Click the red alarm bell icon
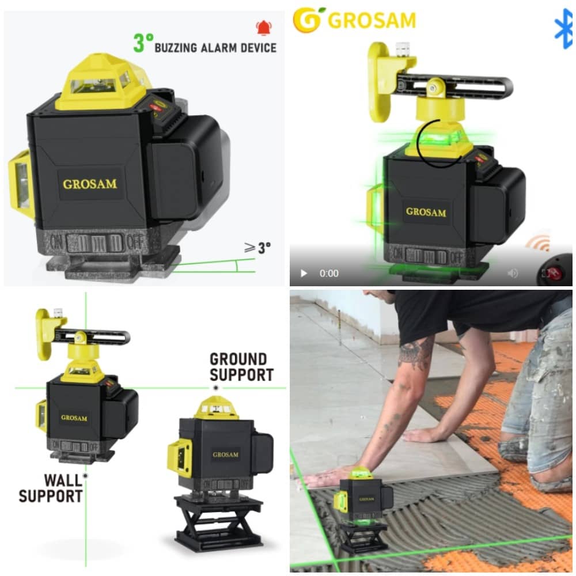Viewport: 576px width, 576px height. point(263,28)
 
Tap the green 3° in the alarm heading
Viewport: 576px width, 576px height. point(143,43)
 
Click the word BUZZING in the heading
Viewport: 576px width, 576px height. point(176,48)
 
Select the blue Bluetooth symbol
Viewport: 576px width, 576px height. point(563,29)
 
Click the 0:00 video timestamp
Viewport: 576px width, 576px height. point(329,273)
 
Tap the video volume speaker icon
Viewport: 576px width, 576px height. point(513,273)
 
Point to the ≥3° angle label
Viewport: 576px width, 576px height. point(257,248)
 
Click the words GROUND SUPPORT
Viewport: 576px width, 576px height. point(241,367)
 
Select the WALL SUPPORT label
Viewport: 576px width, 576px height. point(51,488)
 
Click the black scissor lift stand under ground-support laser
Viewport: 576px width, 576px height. point(219,522)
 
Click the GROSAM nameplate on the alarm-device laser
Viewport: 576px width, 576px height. point(90,184)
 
